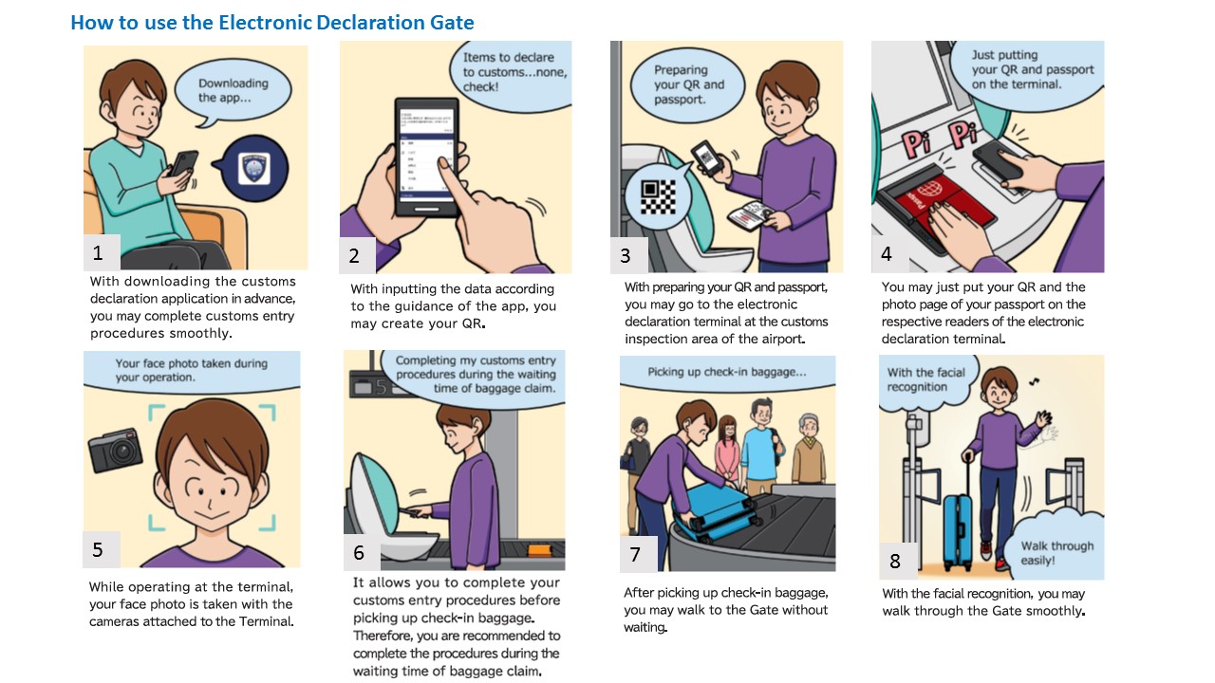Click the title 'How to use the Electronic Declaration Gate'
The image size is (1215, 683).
[272, 23]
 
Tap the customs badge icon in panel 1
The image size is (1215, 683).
[254, 169]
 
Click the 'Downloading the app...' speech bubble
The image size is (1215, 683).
[233, 92]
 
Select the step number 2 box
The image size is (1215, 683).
[357, 255]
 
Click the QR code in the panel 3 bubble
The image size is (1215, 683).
[659, 197]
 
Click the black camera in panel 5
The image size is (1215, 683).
[115, 451]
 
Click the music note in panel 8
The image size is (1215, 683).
[1035, 381]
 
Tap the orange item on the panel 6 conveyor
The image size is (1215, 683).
[540, 551]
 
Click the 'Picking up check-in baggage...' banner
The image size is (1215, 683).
[727, 374]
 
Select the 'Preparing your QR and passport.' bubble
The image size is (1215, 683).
[688, 86]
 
